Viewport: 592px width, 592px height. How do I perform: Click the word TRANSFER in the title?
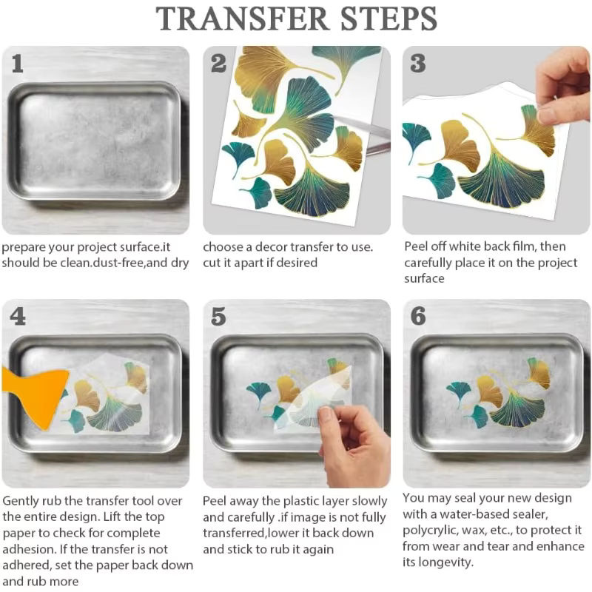242,18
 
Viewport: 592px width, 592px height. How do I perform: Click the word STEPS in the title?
388,18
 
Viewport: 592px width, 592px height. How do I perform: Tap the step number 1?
17,64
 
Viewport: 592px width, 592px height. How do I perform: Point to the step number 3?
418,63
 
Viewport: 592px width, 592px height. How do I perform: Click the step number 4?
18,316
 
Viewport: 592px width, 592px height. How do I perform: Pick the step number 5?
218,317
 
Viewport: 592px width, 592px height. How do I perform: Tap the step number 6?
418,316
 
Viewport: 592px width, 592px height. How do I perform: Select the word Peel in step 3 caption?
415,246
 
